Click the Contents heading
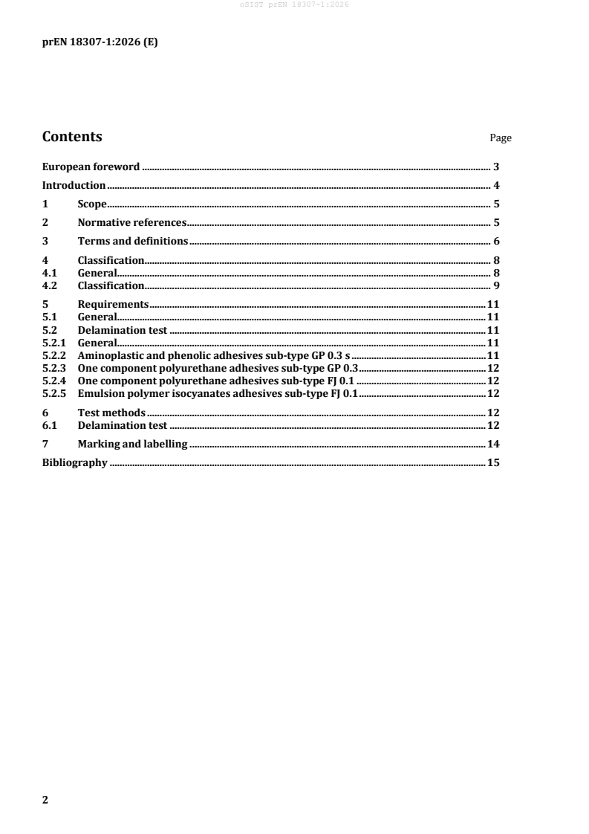click(x=72, y=137)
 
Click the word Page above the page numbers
click(x=501, y=138)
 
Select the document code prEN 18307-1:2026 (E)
click(x=99, y=42)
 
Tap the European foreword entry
click(x=91, y=167)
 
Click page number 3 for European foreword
click(x=495, y=167)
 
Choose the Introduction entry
click(x=74, y=186)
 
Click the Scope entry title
click(x=92, y=204)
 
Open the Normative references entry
click(x=131, y=222)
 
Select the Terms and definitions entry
click(x=132, y=241)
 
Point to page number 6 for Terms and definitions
click(x=495, y=241)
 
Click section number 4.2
click(x=49, y=285)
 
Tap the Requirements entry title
click(x=113, y=304)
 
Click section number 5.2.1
click(x=53, y=343)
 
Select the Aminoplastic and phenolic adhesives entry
click(x=213, y=355)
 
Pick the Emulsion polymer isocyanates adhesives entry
click(x=218, y=393)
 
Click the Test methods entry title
click(x=111, y=413)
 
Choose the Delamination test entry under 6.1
click(x=123, y=425)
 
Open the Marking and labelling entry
click(x=132, y=445)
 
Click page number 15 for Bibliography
click(x=492, y=463)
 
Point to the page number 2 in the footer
click(x=45, y=800)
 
